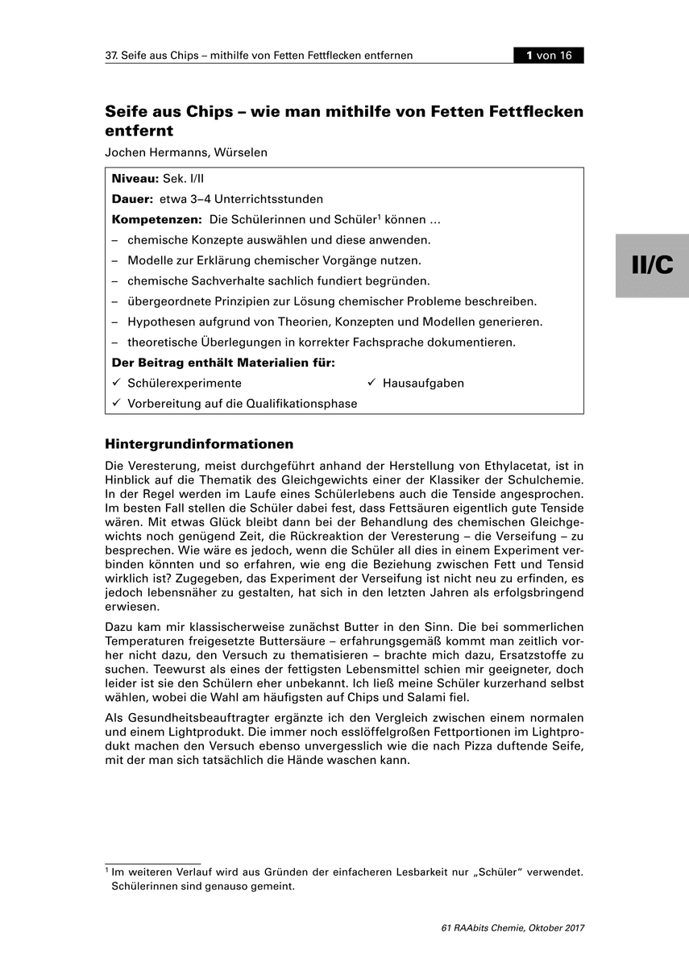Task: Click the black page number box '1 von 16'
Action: (549, 56)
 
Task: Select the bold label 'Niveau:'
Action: (135, 178)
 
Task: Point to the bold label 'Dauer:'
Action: (132, 199)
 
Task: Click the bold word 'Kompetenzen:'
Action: (156, 220)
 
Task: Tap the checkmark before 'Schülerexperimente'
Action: (117, 383)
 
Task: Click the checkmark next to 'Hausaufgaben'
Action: (372, 383)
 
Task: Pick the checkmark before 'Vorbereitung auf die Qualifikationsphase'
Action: (117, 403)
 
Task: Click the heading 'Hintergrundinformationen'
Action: (199, 444)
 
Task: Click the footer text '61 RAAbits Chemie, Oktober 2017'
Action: (513, 928)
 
